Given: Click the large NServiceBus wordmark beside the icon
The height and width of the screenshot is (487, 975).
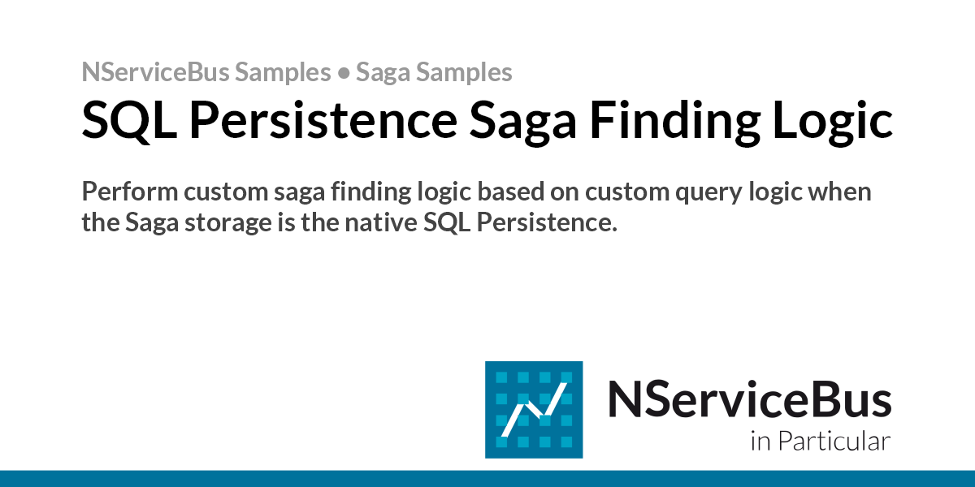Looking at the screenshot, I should coord(749,400).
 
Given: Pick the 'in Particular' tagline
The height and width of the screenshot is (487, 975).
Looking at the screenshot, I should coord(821,442).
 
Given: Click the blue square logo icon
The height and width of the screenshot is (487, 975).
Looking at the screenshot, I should coord(534,409).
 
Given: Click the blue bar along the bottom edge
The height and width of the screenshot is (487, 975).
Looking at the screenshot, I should coord(487,478).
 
